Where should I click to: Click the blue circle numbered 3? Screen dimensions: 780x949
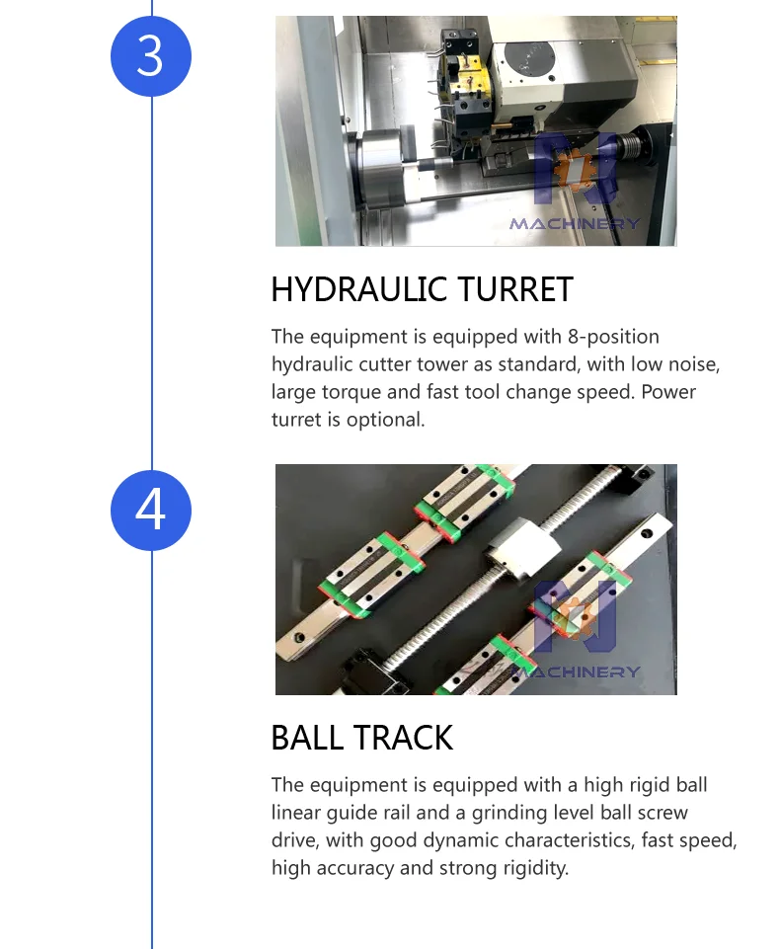click(x=151, y=56)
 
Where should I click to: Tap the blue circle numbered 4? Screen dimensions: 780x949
click(x=151, y=510)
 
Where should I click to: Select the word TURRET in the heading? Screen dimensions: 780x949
click(x=515, y=289)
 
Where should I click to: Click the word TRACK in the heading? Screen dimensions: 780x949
click(x=404, y=738)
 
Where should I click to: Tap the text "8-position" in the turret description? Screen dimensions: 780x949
click(x=613, y=337)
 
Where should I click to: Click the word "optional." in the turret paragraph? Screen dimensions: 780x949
click(x=385, y=420)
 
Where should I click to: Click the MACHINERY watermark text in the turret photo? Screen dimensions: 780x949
click(x=575, y=224)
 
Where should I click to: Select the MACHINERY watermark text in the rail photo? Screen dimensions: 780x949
click(x=575, y=672)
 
